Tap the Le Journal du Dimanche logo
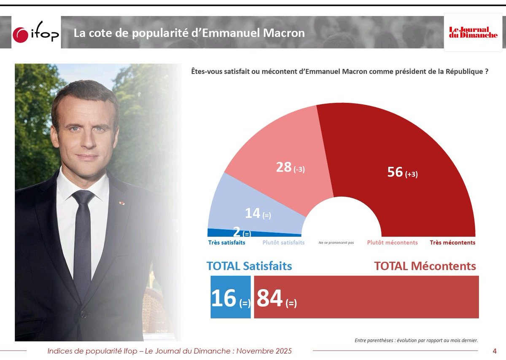473,32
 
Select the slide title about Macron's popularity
189,33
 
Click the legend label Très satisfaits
227,243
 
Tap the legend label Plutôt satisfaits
283,243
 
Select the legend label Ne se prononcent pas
336,243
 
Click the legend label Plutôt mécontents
392,243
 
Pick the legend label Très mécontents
452,243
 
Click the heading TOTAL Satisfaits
249,266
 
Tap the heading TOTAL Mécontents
425,266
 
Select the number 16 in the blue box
223,298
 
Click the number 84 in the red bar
269,298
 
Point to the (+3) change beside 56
411,174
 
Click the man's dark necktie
82,236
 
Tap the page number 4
495,351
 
